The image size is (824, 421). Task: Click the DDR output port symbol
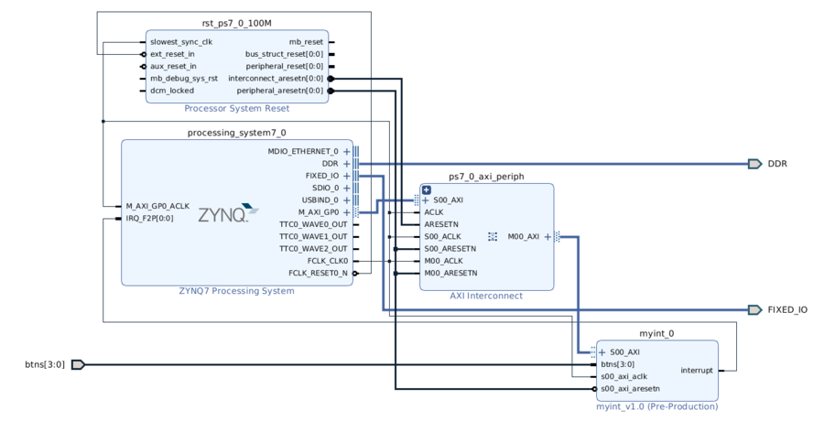coord(754,164)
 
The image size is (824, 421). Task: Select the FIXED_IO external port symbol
coord(754,310)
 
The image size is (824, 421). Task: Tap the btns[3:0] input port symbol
coord(78,364)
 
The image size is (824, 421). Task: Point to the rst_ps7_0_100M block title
coord(236,23)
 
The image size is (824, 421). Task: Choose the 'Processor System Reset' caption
coord(236,108)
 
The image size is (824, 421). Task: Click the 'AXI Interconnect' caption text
coord(486,296)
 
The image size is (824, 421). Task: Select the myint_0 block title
coord(656,334)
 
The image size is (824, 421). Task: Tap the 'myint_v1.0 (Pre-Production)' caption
coord(656,406)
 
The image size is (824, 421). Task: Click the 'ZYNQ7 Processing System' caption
coord(236,291)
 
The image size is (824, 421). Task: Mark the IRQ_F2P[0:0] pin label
coord(150,219)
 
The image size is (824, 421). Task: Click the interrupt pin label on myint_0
coord(696,371)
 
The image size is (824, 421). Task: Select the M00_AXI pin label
coord(523,237)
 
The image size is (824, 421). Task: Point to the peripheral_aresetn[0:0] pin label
coord(279,91)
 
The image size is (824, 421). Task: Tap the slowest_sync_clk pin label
coord(181,42)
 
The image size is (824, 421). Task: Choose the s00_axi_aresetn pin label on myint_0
coord(630,388)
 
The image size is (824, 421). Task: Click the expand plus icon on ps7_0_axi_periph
coord(427,190)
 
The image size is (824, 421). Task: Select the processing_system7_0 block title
coord(236,133)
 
